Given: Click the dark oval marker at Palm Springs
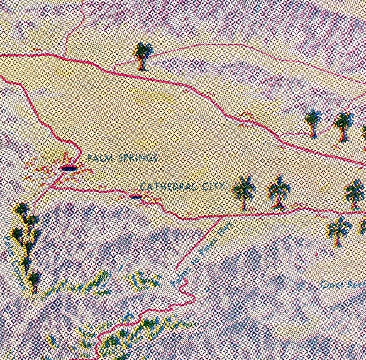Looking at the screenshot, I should (68, 168).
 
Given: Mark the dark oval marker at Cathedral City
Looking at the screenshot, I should (135, 196).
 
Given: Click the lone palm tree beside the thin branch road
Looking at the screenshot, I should (143, 55).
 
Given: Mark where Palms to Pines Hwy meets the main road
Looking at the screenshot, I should (220, 216).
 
